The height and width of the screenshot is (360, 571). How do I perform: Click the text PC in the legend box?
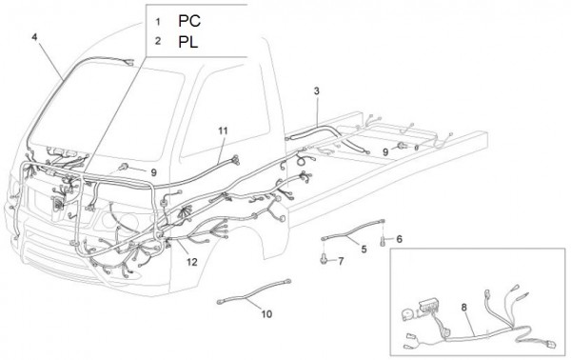tap(189, 21)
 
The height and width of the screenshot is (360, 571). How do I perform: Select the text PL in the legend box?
tap(187, 42)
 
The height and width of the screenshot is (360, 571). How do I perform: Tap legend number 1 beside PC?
tap(158, 22)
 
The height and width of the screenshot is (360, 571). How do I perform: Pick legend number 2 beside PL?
tap(158, 41)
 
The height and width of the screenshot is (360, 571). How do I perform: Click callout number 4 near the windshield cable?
tap(34, 37)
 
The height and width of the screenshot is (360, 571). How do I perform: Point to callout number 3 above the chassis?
tap(317, 91)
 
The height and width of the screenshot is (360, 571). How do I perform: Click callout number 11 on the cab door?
tap(224, 130)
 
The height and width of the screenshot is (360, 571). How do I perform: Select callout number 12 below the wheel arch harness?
tap(192, 262)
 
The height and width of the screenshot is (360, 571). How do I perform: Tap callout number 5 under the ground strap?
tap(364, 250)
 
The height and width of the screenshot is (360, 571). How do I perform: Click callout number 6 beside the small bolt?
tap(400, 239)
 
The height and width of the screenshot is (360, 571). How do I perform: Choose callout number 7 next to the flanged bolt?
tap(341, 261)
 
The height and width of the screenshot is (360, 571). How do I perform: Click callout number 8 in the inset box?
tap(464, 308)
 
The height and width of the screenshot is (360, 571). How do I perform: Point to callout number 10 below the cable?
tap(266, 313)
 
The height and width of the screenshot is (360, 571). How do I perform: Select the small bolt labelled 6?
tap(383, 241)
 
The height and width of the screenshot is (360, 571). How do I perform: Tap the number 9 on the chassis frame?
tap(385, 152)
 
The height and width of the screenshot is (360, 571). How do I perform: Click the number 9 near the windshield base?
tap(153, 172)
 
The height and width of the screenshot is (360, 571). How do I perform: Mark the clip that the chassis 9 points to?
tap(403, 146)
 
